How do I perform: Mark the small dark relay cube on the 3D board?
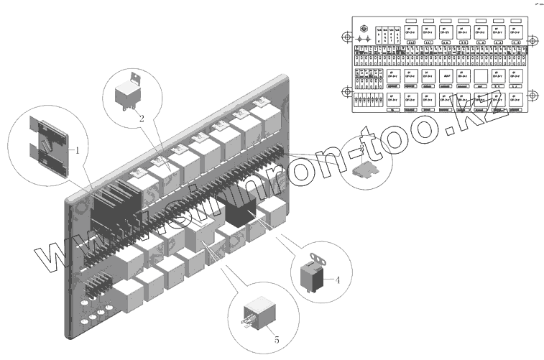(240, 209)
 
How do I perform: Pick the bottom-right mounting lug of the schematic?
(533, 96)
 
